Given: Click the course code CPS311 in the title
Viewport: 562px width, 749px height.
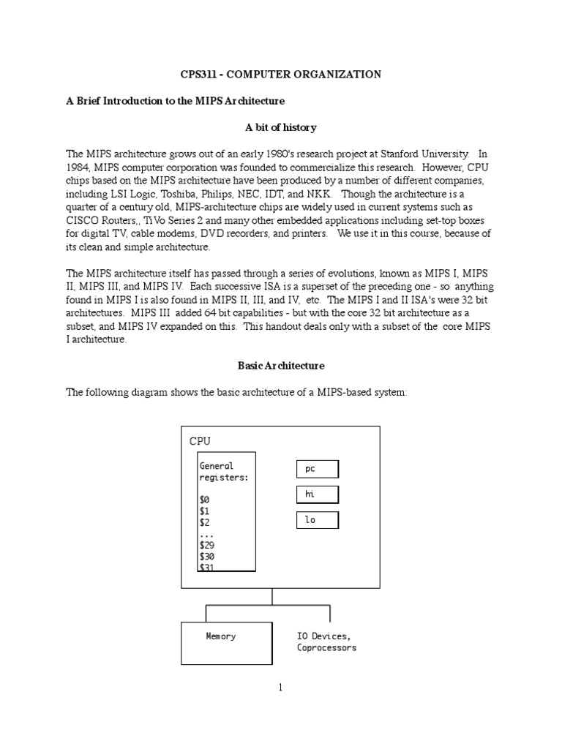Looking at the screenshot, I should [200, 74].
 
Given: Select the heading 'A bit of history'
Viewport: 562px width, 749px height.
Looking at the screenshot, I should [280, 127].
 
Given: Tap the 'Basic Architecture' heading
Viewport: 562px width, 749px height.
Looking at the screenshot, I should [281, 365].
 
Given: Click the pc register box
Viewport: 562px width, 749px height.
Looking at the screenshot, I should [317, 469].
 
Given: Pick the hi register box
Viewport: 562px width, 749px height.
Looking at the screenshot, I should [317, 494].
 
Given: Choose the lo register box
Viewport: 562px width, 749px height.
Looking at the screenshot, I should [317, 520].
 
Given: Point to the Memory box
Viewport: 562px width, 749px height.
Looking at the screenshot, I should [226, 643].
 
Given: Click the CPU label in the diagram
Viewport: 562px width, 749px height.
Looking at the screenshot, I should [200, 441].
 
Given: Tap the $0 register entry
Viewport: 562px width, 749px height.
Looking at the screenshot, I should [204, 500].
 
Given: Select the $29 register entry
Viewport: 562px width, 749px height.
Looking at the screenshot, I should [207, 545].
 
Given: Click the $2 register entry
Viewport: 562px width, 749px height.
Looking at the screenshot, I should [204, 522].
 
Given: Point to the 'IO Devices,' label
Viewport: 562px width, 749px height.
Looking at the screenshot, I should [323, 636].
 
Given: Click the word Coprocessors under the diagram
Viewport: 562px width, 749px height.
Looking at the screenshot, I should [326, 648].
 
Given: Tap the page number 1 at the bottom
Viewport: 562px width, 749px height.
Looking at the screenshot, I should [280, 687].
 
